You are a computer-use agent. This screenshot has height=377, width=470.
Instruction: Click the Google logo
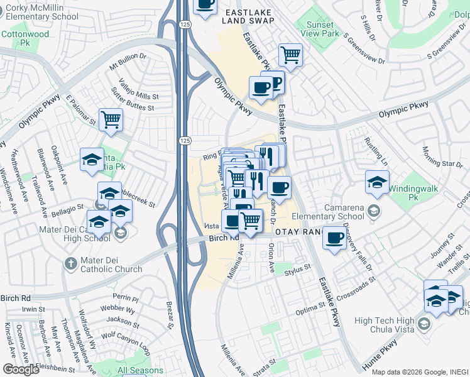pos(21,369)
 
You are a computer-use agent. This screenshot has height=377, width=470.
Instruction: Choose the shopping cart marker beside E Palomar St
pos(111,119)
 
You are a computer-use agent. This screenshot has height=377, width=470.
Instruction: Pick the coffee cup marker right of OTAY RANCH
pos(334,238)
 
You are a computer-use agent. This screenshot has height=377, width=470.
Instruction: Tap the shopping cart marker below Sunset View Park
pos(290,55)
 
